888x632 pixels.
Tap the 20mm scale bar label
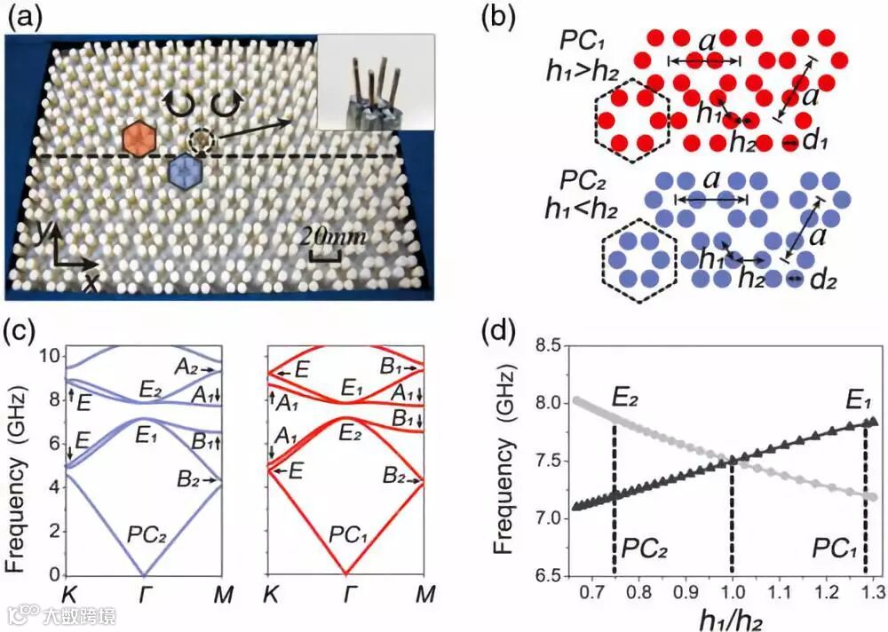333,237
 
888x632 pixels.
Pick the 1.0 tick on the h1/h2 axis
732,590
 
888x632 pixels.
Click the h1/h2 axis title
733,615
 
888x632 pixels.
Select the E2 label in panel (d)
626,395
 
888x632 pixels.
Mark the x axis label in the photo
91,282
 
